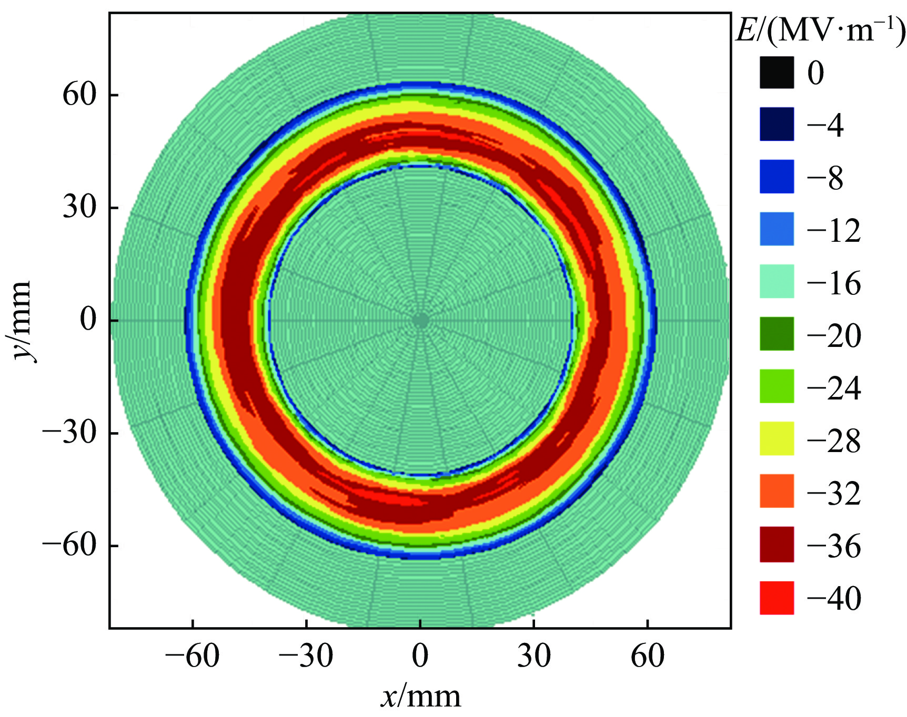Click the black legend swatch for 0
tap(777, 72)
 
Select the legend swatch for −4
tap(777, 124)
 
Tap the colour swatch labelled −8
tap(777, 177)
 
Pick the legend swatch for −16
tap(777, 281)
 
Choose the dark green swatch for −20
tap(777, 334)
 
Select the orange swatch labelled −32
tap(777, 491)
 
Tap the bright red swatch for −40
tap(777, 598)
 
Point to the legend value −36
tap(834, 546)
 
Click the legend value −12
tap(834, 230)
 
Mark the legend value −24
tap(834, 388)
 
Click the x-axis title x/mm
tap(420, 697)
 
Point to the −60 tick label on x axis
tap(193, 656)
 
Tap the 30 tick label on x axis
tap(533, 656)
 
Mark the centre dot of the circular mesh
tap(420, 321)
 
